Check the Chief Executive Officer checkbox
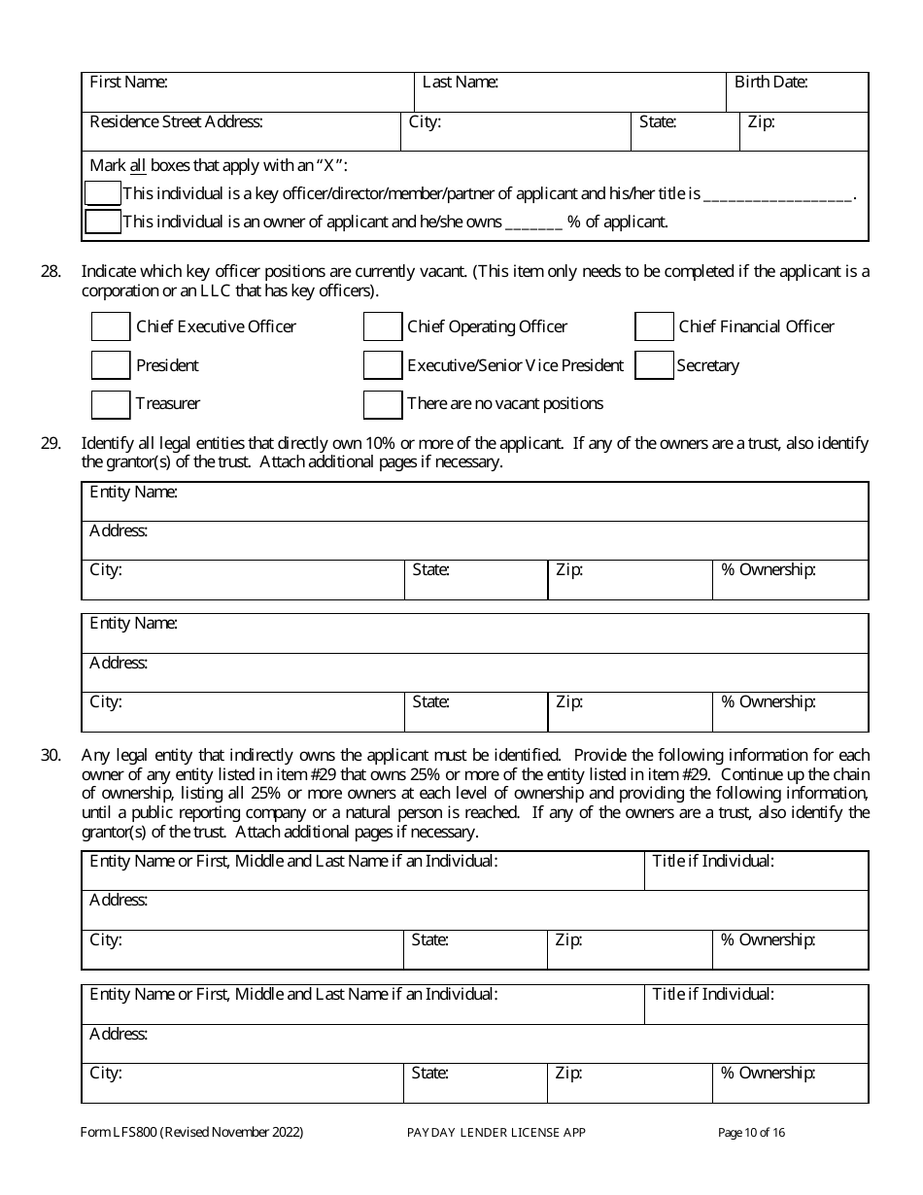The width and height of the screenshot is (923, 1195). [x=110, y=326]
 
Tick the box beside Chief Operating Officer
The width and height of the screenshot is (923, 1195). [x=382, y=326]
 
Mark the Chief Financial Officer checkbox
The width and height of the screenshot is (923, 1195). [x=654, y=326]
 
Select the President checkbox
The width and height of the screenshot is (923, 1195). [x=110, y=365]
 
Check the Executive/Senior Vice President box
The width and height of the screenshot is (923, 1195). [x=382, y=365]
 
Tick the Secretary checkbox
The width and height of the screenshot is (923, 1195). [x=654, y=365]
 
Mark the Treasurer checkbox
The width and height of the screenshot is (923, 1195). [x=110, y=403]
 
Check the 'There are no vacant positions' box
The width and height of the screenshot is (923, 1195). [x=382, y=403]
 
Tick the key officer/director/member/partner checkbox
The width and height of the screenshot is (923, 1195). [x=102, y=193]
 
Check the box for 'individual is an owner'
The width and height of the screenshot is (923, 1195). [x=102, y=222]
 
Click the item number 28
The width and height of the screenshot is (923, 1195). [x=51, y=272]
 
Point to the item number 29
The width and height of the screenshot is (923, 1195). [x=51, y=443]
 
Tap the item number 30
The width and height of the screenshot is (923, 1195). [x=51, y=755]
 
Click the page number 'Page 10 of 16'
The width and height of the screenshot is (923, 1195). [x=751, y=1132]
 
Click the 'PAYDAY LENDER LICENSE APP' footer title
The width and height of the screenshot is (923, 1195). [x=496, y=1132]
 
